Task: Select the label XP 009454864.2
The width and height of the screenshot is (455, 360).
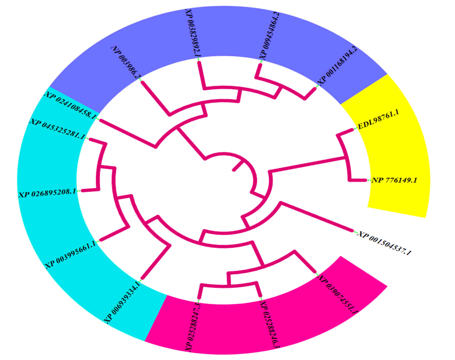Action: tap(269, 36)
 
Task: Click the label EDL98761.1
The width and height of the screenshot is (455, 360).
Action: tap(378, 120)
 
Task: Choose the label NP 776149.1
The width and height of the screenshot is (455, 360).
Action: tap(394, 180)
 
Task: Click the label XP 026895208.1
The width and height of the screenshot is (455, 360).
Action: tap(47, 193)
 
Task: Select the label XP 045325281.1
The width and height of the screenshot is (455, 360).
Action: tap(57, 129)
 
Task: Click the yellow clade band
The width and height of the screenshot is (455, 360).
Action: tap(398, 148)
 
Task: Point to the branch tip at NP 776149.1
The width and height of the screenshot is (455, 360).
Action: tap(365, 181)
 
